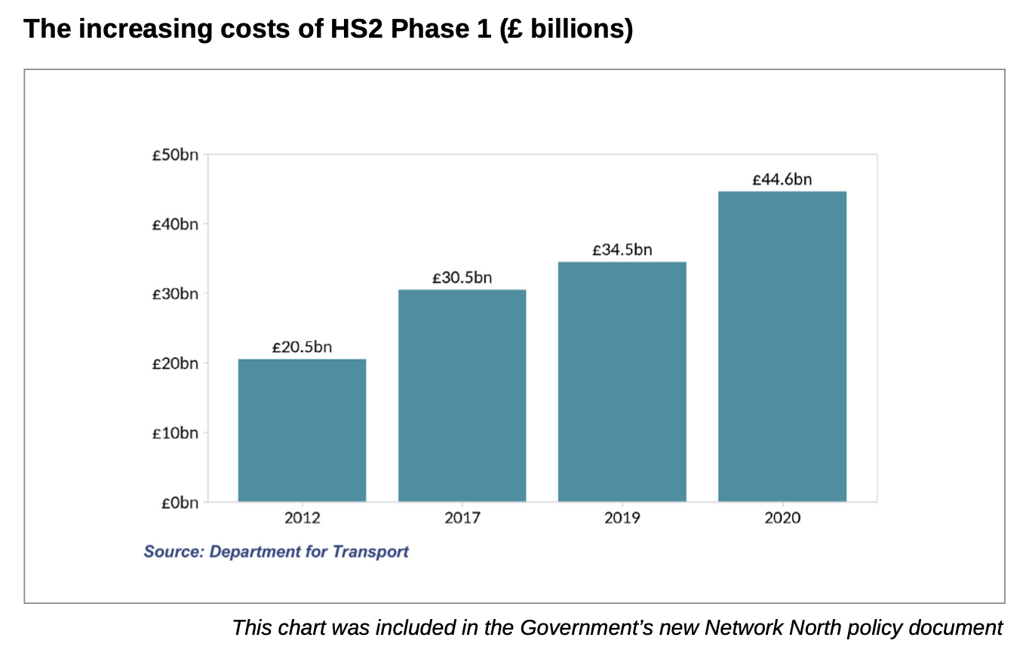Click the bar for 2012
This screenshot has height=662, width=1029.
pos(302,430)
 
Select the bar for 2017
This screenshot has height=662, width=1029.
pos(462,395)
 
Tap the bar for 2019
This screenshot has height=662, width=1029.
pos(622,382)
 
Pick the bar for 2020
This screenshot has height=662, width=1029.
pos(782,346)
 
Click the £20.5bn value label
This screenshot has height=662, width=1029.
pos(302,347)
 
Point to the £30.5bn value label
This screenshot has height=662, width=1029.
pos(462,277)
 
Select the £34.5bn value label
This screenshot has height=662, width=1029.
pos(622,250)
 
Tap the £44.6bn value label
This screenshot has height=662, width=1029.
pos(782,179)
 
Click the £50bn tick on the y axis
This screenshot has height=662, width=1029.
pos(175,155)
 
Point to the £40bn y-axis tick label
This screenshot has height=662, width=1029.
pos(175,225)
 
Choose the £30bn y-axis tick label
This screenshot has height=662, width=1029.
pos(175,294)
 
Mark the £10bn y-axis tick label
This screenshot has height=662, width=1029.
pos(175,433)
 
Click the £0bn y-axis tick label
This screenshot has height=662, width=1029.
pos(179,502)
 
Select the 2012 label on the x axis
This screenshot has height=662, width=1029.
pos(302,519)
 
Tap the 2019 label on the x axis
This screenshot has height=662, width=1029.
pos(622,519)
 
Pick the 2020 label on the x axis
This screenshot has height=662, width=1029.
pos(782,519)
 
